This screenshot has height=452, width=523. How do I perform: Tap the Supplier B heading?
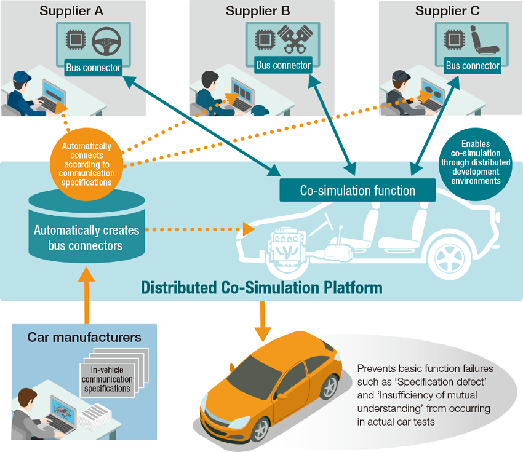click(258, 10)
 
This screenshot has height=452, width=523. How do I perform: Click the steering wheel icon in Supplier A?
click(106, 41)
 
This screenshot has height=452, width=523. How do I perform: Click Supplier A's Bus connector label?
click(93, 67)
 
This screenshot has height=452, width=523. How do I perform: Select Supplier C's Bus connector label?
click(473, 66)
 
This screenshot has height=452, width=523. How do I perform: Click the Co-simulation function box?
click(357, 190)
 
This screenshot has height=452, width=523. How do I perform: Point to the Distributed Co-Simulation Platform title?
click(261, 288)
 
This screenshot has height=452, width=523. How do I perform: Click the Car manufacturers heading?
click(84, 337)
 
